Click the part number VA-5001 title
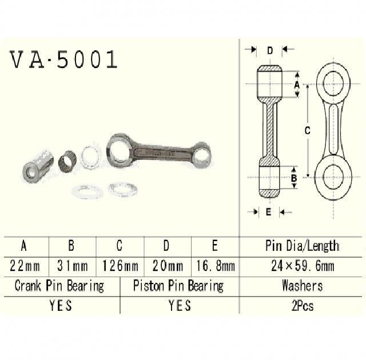(63, 60)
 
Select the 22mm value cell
(24, 265)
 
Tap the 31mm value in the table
(71, 265)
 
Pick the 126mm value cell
(120, 265)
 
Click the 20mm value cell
(167, 265)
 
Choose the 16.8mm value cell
(214, 265)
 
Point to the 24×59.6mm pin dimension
(302, 265)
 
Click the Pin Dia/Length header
(302, 246)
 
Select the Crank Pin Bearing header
(59, 285)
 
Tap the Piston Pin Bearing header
(178, 285)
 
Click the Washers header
(302, 285)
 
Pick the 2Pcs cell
(302, 305)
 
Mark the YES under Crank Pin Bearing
(60, 305)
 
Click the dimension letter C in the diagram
(307, 131)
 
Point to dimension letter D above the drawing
(269, 50)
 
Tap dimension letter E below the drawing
(268, 212)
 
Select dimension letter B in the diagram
(293, 177)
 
